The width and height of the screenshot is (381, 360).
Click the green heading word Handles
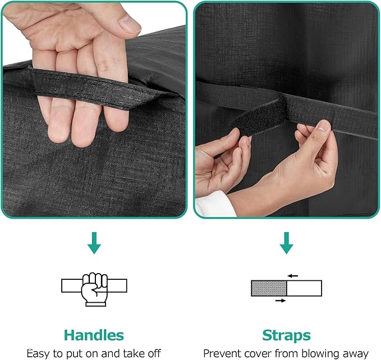click(x=94, y=335)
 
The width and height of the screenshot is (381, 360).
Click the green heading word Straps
click(x=287, y=336)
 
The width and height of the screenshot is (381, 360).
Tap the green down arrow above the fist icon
click(x=94, y=243)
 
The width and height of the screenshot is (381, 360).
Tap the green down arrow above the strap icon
click(x=287, y=243)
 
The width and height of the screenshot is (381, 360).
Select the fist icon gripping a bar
click(x=94, y=289)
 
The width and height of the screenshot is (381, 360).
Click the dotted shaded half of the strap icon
click(x=269, y=288)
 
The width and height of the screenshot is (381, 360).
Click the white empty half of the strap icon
click(x=304, y=288)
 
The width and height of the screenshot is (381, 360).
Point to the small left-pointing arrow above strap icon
click(x=292, y=276)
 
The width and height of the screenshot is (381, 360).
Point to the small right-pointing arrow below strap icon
click(x=281, y=301)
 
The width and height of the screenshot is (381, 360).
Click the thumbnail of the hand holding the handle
click(x=94, y=109)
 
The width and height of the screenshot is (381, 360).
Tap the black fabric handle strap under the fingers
click(x=102, y=89)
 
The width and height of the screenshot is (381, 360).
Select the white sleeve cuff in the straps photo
click(x=215, y=204)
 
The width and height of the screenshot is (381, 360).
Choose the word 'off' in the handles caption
click(x=154, y=353)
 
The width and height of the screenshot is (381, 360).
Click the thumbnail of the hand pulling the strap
click(x=287, y=109)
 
